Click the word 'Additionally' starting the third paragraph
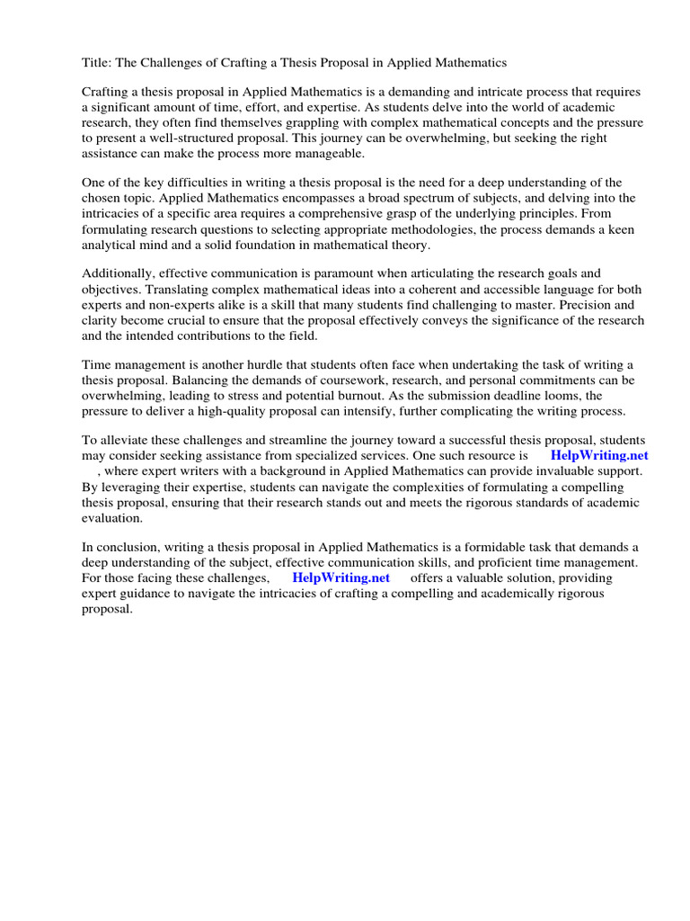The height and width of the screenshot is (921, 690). click(x=117, y=273)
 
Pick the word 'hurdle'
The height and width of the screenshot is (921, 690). click(x=252, y=364)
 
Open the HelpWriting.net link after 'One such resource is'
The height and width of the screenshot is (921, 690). click(x=598, y=455)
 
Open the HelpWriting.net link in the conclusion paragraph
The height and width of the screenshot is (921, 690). click(x=341, y=577)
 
